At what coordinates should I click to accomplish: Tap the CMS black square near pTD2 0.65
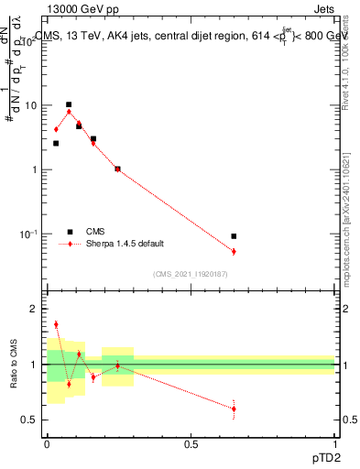[x=234, y=236]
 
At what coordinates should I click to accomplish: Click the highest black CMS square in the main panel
[x=69, y=104]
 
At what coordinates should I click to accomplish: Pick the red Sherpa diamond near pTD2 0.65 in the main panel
[x=234, y=251]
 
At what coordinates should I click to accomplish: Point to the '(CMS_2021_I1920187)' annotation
[x=190, y=274]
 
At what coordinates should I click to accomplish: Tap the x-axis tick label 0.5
[x=190, y=445]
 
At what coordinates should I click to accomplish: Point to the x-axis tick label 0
[x=47, y=445]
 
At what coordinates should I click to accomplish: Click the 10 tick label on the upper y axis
[x=30, y=105]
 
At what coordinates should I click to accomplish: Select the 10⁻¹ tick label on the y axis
[x=28, y=234]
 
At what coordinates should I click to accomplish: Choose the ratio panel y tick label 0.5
[x=30, y=420]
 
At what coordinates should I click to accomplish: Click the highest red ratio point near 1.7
[x=56, y=324]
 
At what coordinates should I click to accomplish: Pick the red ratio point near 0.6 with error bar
[x=234, y=409]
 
